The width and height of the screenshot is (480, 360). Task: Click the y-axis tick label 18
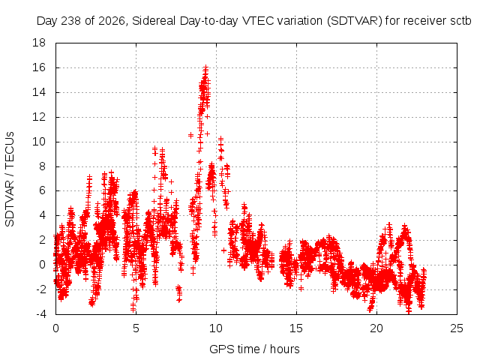(39, 43)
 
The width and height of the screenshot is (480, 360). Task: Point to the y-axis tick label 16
(39, 67)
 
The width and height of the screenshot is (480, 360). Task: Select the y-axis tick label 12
(39, 117)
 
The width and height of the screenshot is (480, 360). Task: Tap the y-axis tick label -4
(41, 314)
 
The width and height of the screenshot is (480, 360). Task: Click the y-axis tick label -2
(41, 289)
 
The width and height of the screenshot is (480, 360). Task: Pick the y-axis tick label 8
(42, 166)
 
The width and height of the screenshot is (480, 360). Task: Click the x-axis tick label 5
(136, 328)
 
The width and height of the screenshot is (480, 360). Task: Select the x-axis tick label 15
(296, 328)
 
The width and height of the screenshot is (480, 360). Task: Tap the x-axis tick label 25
(457, 328)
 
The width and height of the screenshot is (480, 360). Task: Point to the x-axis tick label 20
(376, 328)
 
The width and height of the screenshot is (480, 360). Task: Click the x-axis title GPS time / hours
(254, 349)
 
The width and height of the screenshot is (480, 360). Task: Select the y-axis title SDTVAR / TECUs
(10, 179)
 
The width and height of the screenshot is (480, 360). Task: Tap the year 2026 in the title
(112, 21)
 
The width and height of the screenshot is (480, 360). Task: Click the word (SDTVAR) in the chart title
(355, 21)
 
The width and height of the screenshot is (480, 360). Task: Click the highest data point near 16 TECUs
(206, 67)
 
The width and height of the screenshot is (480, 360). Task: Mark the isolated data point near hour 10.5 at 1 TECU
(223, 250)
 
